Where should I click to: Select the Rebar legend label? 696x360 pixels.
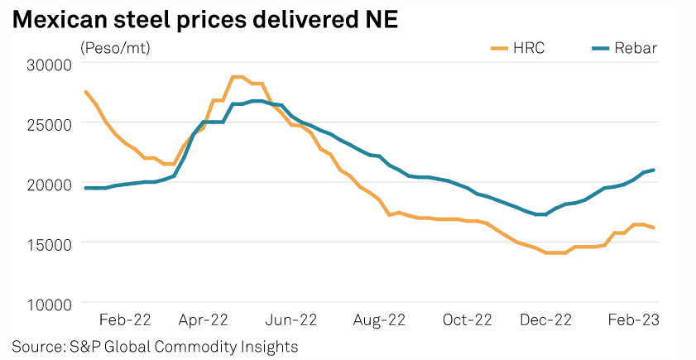pyautogui.click(x=636, y=48)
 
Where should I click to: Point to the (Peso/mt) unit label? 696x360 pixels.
pyautogui.click(x=115, y=48)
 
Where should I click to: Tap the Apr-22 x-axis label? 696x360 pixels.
pyautogui.click(x=203, y=320)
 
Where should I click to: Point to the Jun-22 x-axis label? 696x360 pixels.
pyautogui.click(x=291, y=320)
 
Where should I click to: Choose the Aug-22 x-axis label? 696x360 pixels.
pyautogui.click(x=378, y=320)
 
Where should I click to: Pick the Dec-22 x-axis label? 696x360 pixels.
pyautogui.click(x=546, y=320)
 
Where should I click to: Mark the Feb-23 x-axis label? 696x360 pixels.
pyautogui.click(x=635, y=320)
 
